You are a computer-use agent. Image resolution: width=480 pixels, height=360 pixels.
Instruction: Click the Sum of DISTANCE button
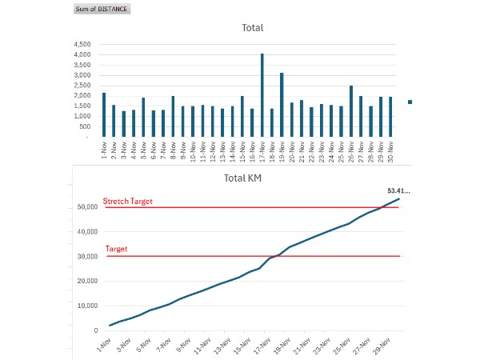(x=101, y=9)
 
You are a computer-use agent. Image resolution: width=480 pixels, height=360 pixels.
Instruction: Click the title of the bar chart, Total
(x=253, y=28)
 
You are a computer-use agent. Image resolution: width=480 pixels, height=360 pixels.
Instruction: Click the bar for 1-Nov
(x=104, y=114)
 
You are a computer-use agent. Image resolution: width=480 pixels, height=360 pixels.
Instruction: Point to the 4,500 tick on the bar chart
(x=82, y=44)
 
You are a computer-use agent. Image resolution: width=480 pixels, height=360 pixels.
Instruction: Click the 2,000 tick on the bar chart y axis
(x=82, y=95)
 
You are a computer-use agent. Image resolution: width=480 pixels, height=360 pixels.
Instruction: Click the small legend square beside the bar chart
(x=410, y=102)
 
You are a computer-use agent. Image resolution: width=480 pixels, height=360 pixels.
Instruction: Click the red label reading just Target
(x=117, y=250)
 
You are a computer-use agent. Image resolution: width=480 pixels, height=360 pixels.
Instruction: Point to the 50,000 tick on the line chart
(x=86, y=207)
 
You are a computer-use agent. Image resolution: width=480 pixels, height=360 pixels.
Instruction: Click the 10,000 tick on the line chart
(x=86, y=305)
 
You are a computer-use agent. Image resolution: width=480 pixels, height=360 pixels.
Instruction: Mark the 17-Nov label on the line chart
(x=262, y=344)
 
